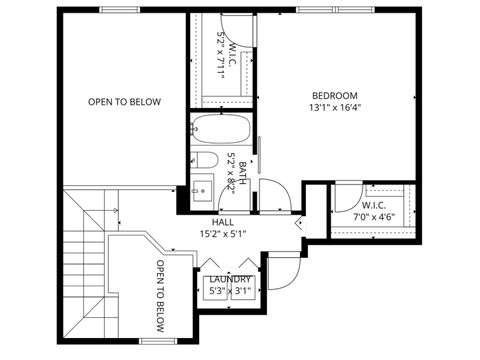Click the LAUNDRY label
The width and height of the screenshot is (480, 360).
230,279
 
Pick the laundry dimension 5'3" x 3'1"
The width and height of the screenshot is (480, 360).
230,292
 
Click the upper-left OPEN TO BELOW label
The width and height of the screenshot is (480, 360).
124,101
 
